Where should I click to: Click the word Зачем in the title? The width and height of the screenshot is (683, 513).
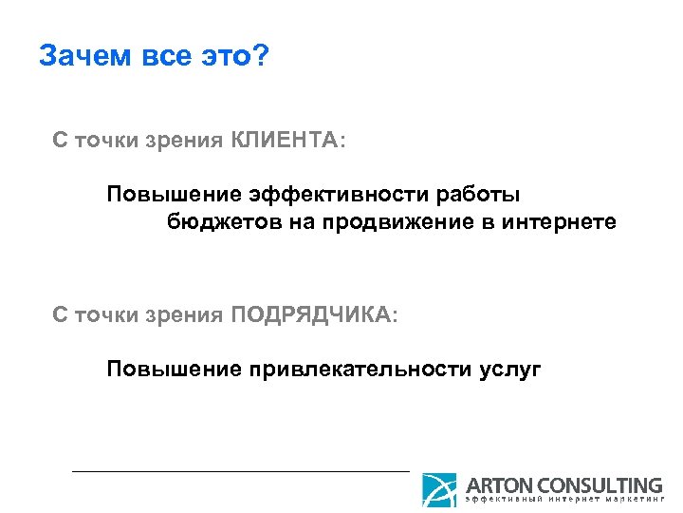[x=83, y=56]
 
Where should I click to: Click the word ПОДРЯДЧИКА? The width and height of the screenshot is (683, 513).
[x=315, y=314]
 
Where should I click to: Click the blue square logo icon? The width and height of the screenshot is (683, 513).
[x=439, y=490]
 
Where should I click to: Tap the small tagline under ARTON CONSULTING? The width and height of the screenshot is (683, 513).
[x=563, y=502]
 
